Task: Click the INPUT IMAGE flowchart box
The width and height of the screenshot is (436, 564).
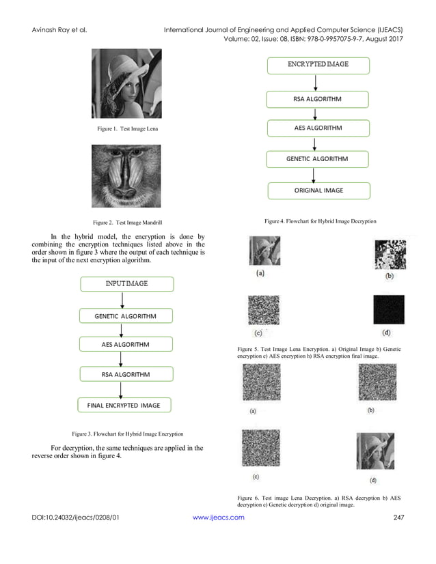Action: tap(126, 283)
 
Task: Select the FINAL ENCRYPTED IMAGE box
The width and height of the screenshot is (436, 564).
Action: tap(124, 405)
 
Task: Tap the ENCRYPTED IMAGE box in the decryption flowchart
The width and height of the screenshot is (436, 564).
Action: tap(318, 65)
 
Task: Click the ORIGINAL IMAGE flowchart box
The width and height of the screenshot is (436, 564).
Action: tap(318, 191)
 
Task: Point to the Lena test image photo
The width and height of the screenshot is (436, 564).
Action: tap(126, 83)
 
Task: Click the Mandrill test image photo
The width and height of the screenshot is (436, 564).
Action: tap(126, 176)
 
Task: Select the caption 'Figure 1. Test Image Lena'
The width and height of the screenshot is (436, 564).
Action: tap(127, 129)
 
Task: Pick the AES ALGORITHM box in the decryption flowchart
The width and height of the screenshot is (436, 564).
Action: tap(318, 128)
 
